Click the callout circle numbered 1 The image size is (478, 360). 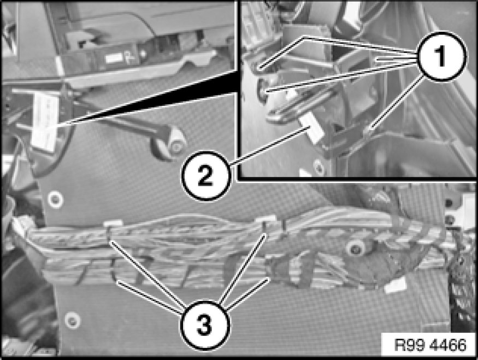441,56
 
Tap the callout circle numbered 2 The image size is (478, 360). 205,176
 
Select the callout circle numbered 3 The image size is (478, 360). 204,325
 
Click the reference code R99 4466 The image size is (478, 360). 430,345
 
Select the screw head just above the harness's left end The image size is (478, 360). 55,199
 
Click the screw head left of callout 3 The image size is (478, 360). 72,320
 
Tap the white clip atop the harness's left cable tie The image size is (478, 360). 113,223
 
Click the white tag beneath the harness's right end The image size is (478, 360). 396,286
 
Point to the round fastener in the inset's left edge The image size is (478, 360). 262,91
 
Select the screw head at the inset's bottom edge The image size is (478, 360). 319,167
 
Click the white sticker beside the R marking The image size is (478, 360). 112,57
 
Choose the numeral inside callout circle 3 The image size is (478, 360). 204,325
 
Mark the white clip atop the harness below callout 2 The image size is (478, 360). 265,219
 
